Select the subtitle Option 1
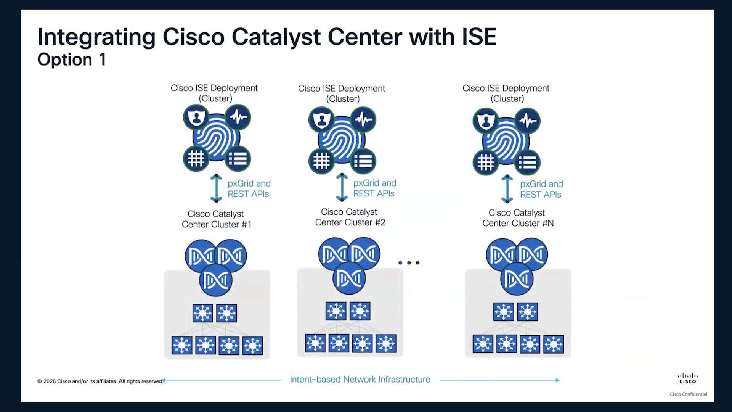[x=72, y=60]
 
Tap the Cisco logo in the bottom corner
[x=688, y=378]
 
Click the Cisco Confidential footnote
[x=689, y=394]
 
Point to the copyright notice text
[x=101, y=381]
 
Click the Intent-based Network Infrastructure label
[x=360, y=380]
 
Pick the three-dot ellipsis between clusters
[x=409, y=262]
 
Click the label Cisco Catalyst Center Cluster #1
[x=217, y=219]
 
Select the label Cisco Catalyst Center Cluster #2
[x=350, y=217]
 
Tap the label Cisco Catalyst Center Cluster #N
[x=518, y=218]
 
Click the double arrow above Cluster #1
[x=216, y=188]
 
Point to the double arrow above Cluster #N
[x=507, y=189]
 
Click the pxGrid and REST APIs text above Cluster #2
[x=374, y=188]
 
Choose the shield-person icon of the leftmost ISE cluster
[x=196, y=117]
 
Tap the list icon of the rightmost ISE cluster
[x=528, y=163]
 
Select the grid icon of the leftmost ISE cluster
[x=196, y=159]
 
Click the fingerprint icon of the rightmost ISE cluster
[x=506, y=141]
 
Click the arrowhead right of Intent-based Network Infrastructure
[x=557, y=380]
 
